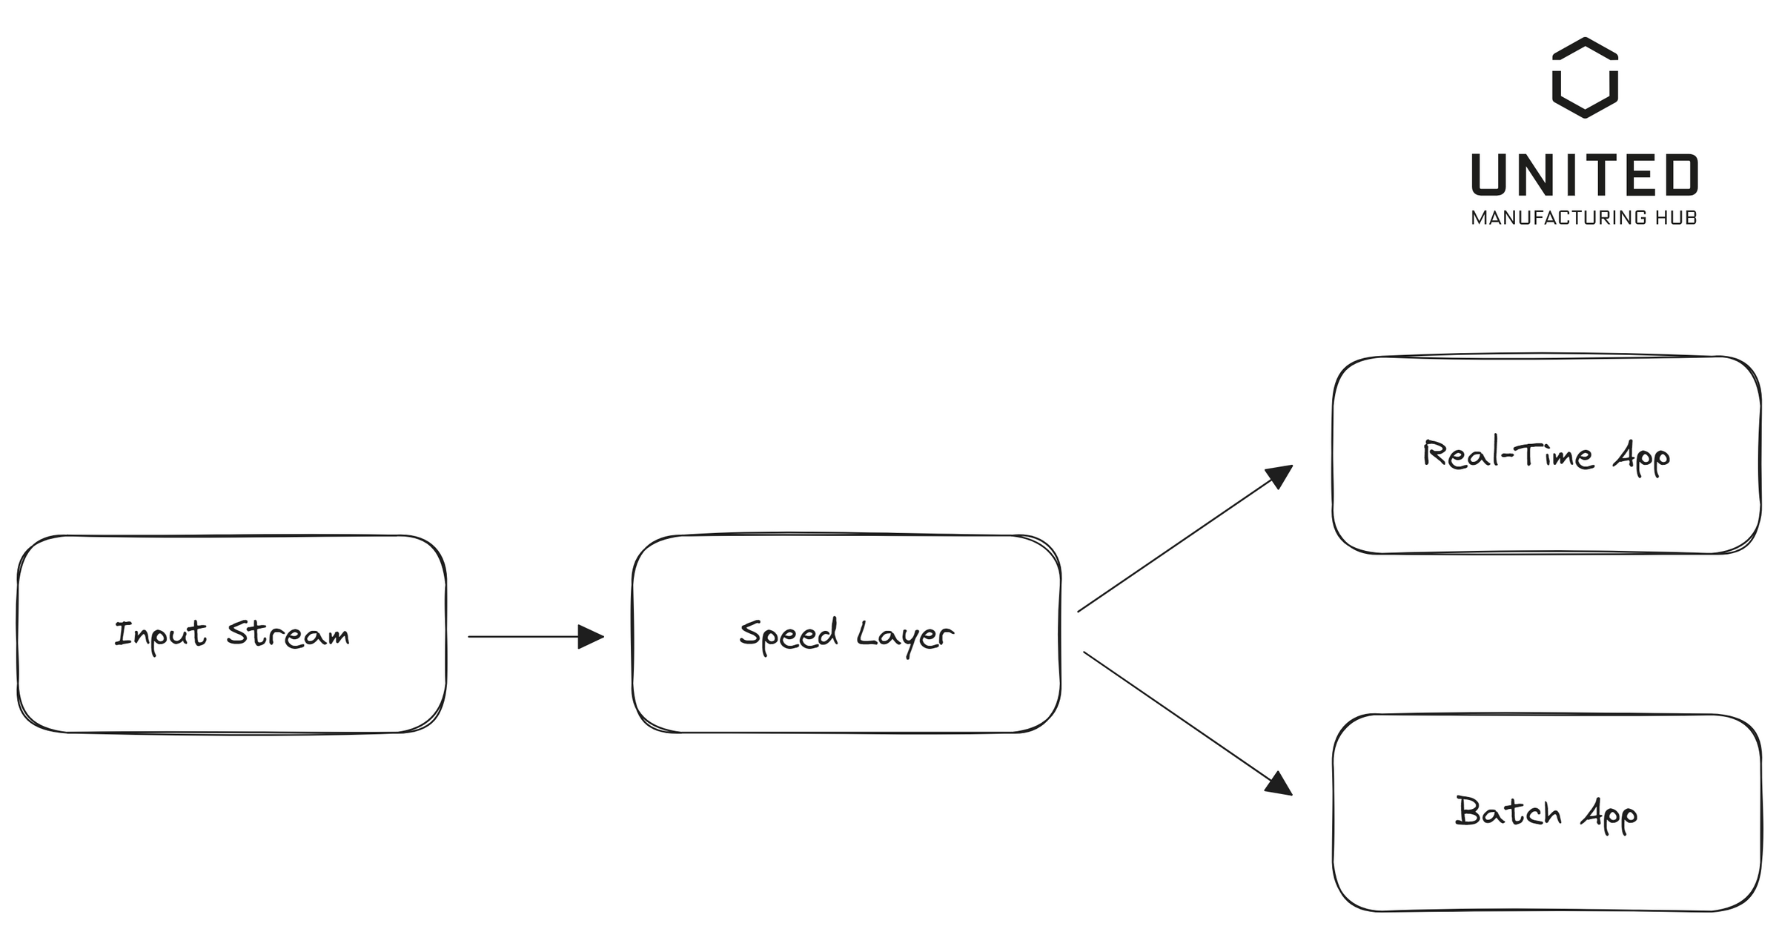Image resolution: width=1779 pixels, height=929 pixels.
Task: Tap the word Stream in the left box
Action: pyautogui.click(x=288, y=635)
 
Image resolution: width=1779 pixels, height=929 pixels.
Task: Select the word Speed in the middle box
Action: pyautogui.click(x=789, y=635)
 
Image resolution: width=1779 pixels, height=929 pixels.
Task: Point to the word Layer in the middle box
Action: pyautogui.click(x=905, y=635)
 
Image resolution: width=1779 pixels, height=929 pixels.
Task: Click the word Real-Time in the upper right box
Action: pyautogui.click(x=1508, y=454)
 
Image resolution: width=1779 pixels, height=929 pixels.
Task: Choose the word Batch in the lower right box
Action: pyautogui.click(x=1508, y=812)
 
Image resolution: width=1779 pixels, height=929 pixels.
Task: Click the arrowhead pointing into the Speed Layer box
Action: pyautogui.click(x=591, y=637)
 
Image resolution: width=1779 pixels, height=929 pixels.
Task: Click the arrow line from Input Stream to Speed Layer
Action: pyautogui.click(x=523, y=637)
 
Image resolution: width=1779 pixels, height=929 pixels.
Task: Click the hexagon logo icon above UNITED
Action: pyautogui.click(x=1585, y=78)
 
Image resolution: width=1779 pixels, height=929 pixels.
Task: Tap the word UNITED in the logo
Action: pyautogui.click(x=1585, y=175)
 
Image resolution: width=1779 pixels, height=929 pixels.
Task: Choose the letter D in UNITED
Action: pyautogui.click(x=1680, y=175)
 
